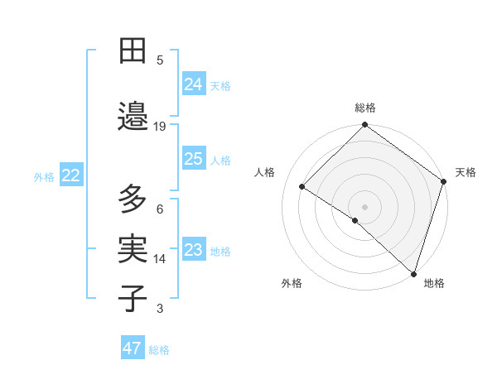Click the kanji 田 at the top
tap(133, 51)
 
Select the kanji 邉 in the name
tap(133, 118)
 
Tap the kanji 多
tap(133, 199)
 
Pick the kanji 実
tap(133, 247)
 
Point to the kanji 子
tap(133, 298)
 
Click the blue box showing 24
tap(194, 84)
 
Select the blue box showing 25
tap(194, 159)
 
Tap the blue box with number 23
tap(194, 250)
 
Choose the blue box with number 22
tap(71, 175)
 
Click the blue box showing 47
tap(133, 348)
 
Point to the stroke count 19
tap(160, 127)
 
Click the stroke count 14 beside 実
tap(160, 259)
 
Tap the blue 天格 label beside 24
tap(220, 85)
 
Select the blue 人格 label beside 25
tap(220, 161)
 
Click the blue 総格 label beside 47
tap(159, 350)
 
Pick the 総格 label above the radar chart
tap(364, 108)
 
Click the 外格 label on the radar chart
tap(292, 283)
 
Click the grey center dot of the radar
tap(364, 205)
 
